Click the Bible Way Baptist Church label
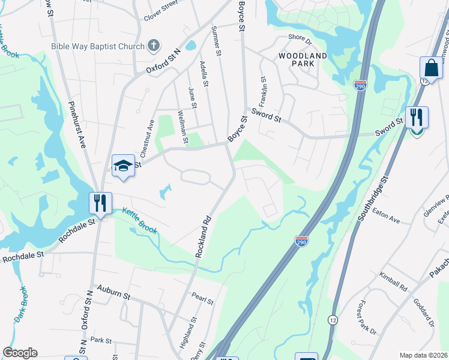click(x=98, y=46)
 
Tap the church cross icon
click(x=154, y=46)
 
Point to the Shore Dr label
click(x=300, y=39)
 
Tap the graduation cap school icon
click(x=122, y=166)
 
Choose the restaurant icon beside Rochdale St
click(x=100, y=202)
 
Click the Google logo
click(x=20, y=353)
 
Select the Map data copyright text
click(x=423, y=355)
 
